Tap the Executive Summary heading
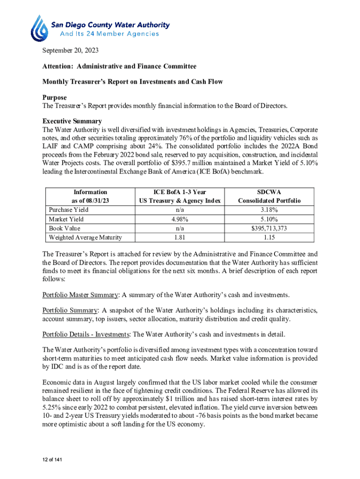(x=72, y=121)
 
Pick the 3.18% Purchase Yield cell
(x=269, y=210)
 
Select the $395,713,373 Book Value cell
(x=269, y=228)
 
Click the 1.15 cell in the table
(x=269, y=238)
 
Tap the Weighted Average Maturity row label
(x=85, y=238)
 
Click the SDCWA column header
(x=269, y=192)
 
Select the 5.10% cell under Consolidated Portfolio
(x=269, y=219)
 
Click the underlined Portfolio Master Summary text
(x=80, y=295)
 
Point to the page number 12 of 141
(x=51, y=460)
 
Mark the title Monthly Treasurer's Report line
(x=132, y=82)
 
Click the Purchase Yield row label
(x=68, y=210)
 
